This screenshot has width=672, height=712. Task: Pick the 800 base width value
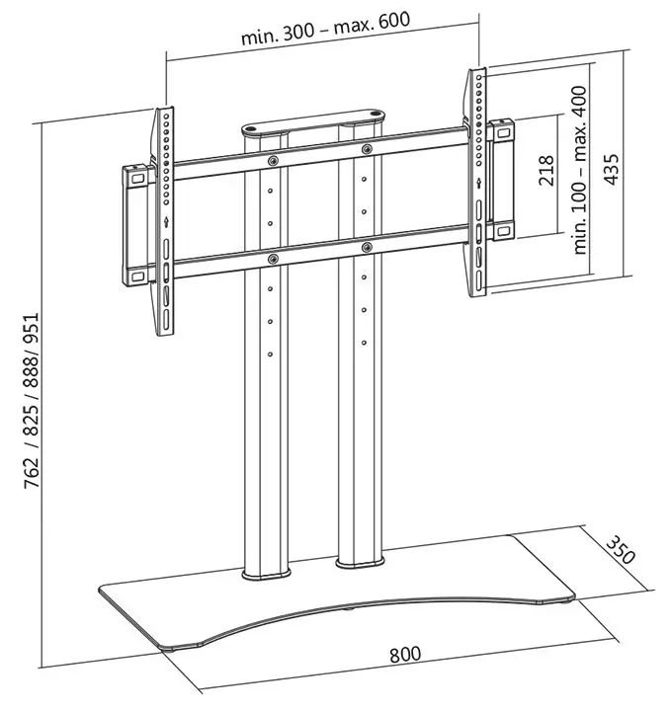tap(405, 654)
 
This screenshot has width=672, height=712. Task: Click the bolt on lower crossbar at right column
tap(366, 245)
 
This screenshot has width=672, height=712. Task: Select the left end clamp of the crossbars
tap(135, 219)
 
